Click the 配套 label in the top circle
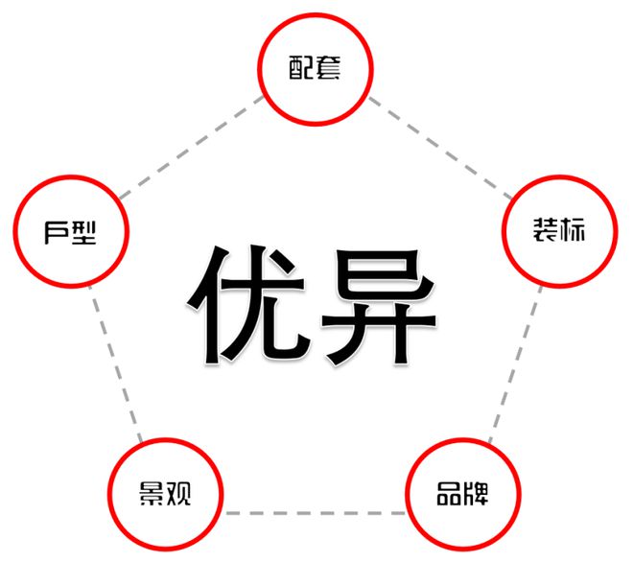click(x=315, y=67)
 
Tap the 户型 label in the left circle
click(x=70, y=232)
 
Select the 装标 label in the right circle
click(x=559, y=230)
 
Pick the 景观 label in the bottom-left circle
click(x=165, y=493)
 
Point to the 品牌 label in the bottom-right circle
click(x=462, y=493)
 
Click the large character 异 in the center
click(x=378, y=306)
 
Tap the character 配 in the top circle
click(x=301, y=67)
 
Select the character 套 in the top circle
click(x=328, y=67)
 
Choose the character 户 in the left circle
click(x=57, y=232)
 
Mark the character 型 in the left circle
click(x=84, y=232)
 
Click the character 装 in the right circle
click(x=546, y=230)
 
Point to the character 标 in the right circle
click(x=573, y=230)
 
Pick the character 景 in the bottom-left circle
click(x=151, y=493)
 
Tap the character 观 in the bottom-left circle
click(x=178, y=493)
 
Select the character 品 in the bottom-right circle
click(x=449, y=493)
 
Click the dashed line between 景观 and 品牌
click(x=315, y=513)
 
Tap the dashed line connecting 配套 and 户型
click(x=192, y=147)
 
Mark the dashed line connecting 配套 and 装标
click(x=440, y=148)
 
